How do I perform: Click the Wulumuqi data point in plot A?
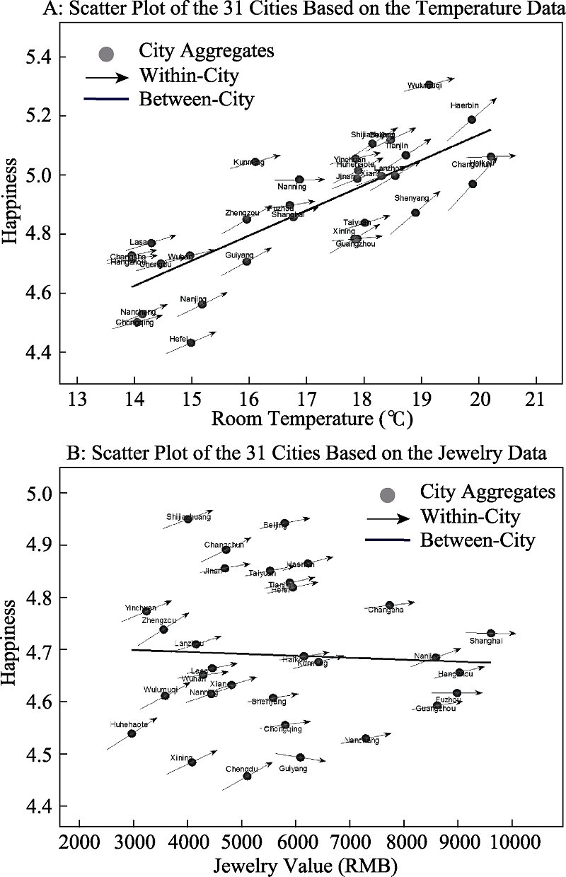pyautogui.click(x=429, y=85)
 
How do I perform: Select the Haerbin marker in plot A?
pyautogui.click(x=472, y=120)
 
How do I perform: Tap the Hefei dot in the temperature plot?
pyautogui.click(x=191, y=343)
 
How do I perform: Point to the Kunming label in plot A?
pyautogui.click(x=248, y=163)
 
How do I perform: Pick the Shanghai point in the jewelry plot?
pyautogui.click(x=491, y=633)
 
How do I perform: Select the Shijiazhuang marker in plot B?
pyautogui.click(x=187, y=518)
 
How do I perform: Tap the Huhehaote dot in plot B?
pyautogui.click(x=132, y=733)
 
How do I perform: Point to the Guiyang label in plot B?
pyautogui.click(x=293, y=768)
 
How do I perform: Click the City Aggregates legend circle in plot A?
pyautogui.click(x=106, y=54)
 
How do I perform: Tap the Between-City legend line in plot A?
pyautogui.click(x=106, y=100)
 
